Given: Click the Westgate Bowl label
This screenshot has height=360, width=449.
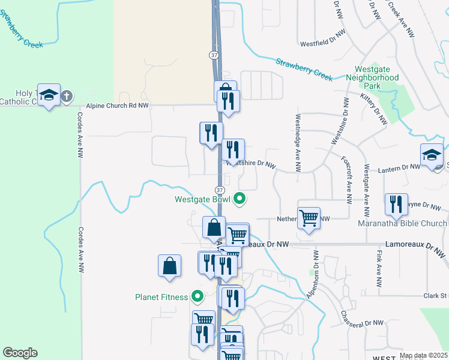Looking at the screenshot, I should click(203, 200).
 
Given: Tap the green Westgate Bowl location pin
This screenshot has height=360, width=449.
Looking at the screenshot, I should click(240, 199).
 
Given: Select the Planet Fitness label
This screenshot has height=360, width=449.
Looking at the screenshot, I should click(161, 296).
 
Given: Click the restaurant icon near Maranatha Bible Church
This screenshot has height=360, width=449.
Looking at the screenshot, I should click(396, 204).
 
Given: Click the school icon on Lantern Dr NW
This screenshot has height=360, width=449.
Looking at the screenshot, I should click(432, 155).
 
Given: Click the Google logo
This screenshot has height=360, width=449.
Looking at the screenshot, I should click(20, 353).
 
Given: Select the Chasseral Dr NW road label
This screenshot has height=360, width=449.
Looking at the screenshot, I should click(361, 323).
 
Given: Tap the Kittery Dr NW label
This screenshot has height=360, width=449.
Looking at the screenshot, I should click(374, 109).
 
